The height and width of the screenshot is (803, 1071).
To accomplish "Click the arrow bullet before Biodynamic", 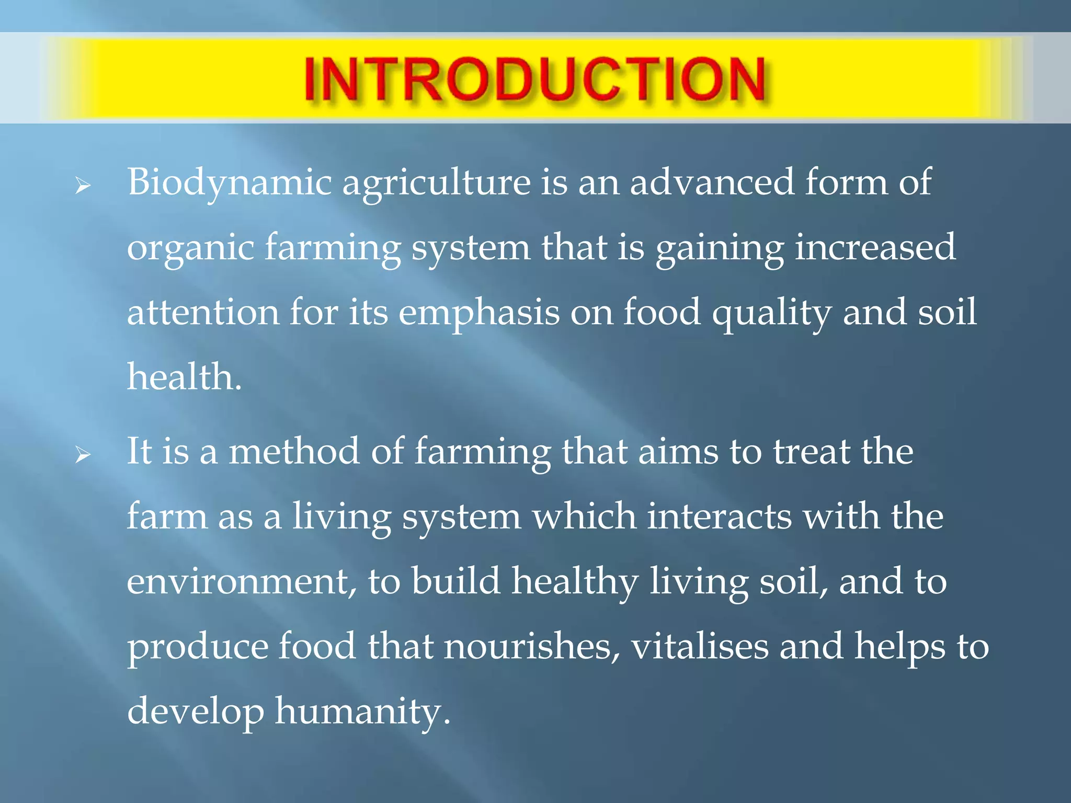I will (83, 186).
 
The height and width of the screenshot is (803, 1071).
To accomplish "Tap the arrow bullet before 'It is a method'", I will (83, 455).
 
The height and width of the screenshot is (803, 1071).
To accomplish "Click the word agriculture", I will (436, 183).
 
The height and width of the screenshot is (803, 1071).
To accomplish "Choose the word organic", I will (190, 248).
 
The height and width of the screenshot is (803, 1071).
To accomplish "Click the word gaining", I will (720, 248).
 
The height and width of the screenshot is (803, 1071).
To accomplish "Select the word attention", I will (203, 312).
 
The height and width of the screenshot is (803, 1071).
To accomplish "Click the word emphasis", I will (478, 313).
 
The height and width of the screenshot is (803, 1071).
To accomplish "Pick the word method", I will (294, 451).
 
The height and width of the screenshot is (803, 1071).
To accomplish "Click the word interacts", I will (720, 517).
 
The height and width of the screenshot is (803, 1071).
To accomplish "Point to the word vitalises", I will (700, 646).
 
